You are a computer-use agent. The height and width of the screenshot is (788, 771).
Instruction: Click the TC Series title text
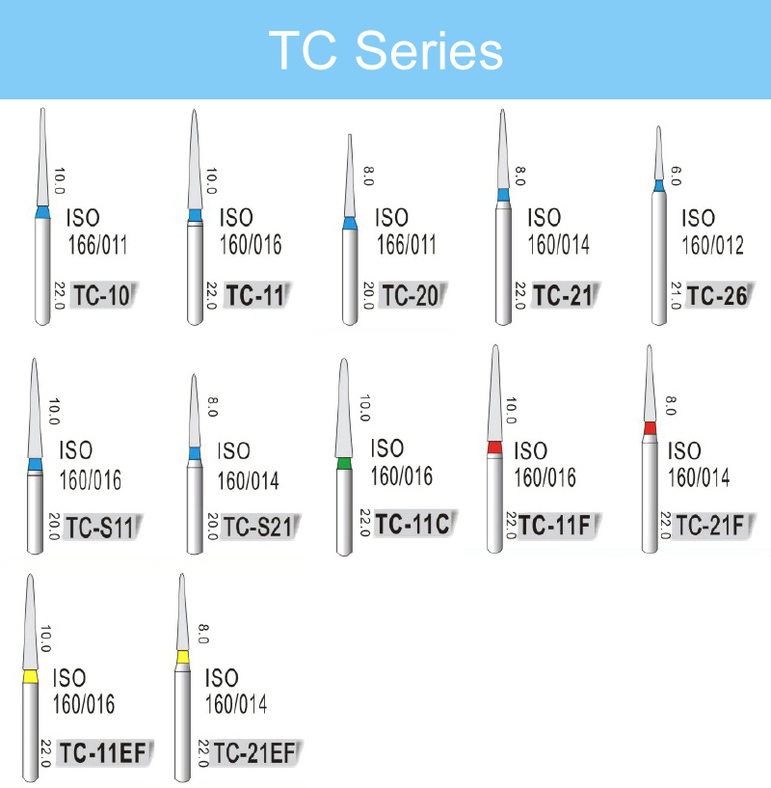pos(385,50)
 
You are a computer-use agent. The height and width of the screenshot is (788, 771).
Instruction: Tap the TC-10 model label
pos(102,295)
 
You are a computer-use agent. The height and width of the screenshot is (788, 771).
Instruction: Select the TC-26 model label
pos(717,295)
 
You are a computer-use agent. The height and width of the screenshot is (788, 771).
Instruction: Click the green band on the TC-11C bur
pos(344,463)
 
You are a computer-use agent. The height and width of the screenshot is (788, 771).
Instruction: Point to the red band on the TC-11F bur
pos(494,448)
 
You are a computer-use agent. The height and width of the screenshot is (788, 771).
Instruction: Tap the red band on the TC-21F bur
pos(650,428)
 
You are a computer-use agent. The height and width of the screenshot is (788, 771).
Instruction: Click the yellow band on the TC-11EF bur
pos(31,677)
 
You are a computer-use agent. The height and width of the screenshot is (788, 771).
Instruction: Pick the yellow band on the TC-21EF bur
pos(183,657)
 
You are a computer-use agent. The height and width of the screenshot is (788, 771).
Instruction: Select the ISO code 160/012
pos(712,245)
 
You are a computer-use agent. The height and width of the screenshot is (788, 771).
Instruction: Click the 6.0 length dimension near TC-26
pos(676,176)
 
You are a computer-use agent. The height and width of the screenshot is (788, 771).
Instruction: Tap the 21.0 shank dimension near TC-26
pos(676,295)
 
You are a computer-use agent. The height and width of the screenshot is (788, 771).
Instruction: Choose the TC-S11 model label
pos(99,528)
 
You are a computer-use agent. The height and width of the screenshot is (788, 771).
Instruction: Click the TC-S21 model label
pos(257,528)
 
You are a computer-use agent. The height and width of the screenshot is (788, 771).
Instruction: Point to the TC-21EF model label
pos(254,753)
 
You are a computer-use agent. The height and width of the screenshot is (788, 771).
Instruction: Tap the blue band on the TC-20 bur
pos(350,223)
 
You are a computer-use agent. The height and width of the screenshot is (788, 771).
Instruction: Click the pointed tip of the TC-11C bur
pos(344,360)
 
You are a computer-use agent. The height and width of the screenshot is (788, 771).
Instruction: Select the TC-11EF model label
pos(103,753)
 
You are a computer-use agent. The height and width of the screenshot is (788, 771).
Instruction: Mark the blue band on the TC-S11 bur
pos(35,464)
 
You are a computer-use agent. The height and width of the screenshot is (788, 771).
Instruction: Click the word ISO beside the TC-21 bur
pos(544,218)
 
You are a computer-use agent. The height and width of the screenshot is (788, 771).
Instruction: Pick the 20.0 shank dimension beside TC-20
pos(368,295)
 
